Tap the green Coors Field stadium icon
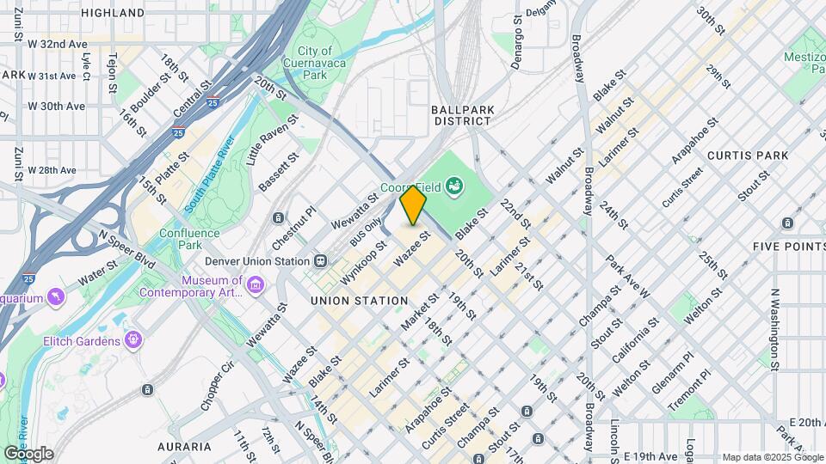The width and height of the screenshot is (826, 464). (x=453, y=185)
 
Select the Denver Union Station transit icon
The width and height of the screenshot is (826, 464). (x=320, y=260)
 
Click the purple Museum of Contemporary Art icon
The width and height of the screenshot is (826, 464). (x=255, y=284)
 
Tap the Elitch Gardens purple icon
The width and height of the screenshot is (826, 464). (x=133, y=341)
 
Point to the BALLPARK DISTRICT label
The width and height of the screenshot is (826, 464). (x=462, y=116)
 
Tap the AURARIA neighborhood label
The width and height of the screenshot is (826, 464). (x=184, y=447)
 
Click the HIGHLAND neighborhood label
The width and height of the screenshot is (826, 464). (x=112, y=13)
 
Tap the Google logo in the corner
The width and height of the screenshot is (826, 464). (x=28, y=453)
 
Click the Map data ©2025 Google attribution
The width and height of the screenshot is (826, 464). (x=772, y=457)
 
